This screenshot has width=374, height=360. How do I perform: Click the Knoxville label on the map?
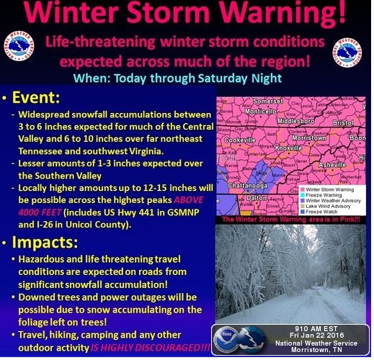[x=288, y=148]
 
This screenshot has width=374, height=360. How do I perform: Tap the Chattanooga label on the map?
[x=248, y=186]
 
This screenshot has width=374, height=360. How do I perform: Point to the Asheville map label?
[x=332, y=165]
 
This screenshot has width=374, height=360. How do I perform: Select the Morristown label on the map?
[x=309, y=138]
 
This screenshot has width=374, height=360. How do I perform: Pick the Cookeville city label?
[x=239, y=140]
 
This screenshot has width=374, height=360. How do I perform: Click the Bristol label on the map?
[x=343, y=123]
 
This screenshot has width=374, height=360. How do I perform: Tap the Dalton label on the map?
[x=257, y=198]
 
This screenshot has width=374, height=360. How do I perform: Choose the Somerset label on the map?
[x=268, y=102]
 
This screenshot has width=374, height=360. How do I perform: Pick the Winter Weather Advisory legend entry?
[x=331, y=201]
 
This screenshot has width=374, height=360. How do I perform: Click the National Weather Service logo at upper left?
[x=19, y=47]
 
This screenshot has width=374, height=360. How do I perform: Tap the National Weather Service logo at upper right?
[x=347, y=53]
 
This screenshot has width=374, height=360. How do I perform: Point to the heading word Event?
[x=36, y=97]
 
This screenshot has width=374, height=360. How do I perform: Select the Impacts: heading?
[x=45, y=243]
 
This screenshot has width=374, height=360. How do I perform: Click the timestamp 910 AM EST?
[x=316, y=329]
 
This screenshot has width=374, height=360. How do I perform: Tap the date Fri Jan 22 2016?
[x=316, y=336]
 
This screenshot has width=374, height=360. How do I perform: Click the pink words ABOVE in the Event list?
[x=189, y=200]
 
